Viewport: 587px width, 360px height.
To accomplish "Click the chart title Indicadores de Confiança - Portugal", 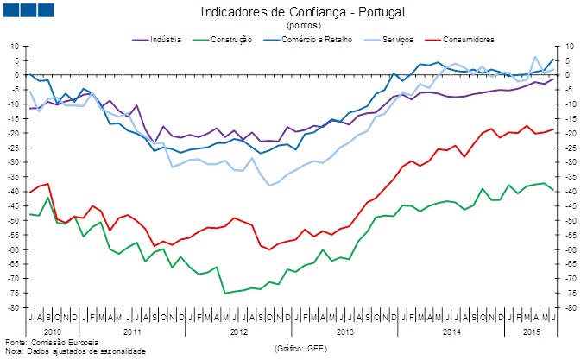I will pos(302,13).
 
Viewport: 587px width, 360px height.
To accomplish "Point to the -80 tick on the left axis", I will pos(15,308).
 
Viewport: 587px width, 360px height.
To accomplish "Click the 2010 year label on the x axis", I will pos(54,332).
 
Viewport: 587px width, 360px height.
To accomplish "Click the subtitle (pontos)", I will pos(302,27).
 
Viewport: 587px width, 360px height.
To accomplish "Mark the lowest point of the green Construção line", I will pos(225,294).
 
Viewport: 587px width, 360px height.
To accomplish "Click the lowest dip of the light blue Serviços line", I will pos(270,185).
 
